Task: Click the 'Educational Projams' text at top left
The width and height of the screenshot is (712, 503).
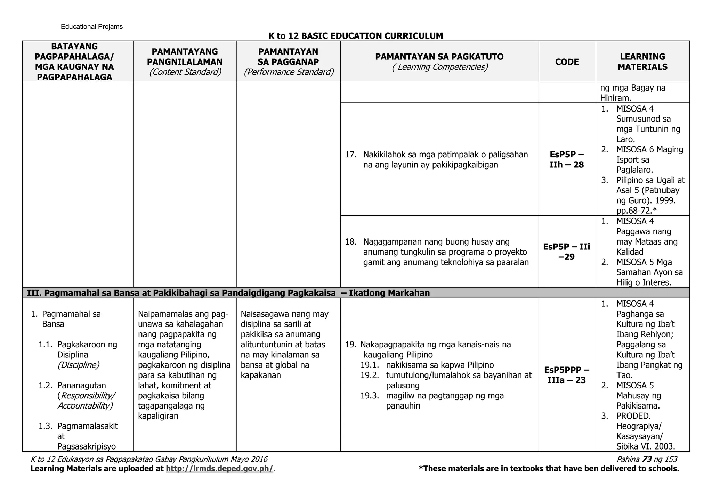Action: [92, 27]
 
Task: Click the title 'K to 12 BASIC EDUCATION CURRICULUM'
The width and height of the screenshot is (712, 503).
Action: [356, 36]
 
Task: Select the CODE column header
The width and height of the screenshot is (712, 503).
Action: [567, 62]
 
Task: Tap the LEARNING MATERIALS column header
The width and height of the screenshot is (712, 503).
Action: [642, 62]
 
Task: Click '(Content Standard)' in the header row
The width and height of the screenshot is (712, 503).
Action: [185, 72]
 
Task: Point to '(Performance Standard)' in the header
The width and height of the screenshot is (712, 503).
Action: [288, 72]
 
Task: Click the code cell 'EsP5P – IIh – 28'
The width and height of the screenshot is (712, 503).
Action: [566, 159]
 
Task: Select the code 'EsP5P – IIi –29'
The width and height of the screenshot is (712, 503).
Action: [566, 252]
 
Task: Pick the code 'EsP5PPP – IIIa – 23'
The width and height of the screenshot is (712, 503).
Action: [566, 375]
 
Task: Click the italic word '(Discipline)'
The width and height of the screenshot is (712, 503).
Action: [79, 365]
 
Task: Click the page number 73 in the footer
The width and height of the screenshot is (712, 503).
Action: [647, 459]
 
